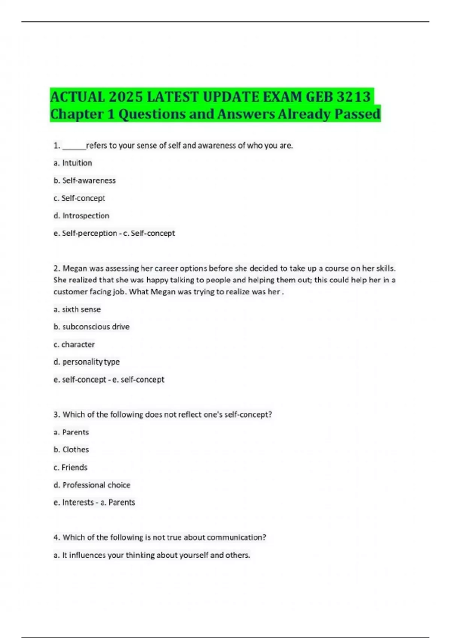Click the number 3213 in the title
(x=353, y=97)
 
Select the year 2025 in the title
(x=126, y=97)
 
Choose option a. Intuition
(x=73, y=163)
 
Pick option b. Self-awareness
(x=85, y=181)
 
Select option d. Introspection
(x=82, y=216)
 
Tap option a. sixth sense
(x=77, y=309)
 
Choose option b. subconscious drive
(x=91, y=327)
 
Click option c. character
(x=74, y=345)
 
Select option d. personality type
(x=86, y=362)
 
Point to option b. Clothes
(x=71, y=450)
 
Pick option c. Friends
(x=70, y=467)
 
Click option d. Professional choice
(x=92, y=485)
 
